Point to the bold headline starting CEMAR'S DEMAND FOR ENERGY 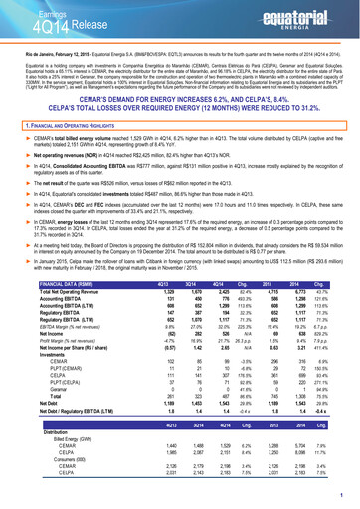point(180,100)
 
